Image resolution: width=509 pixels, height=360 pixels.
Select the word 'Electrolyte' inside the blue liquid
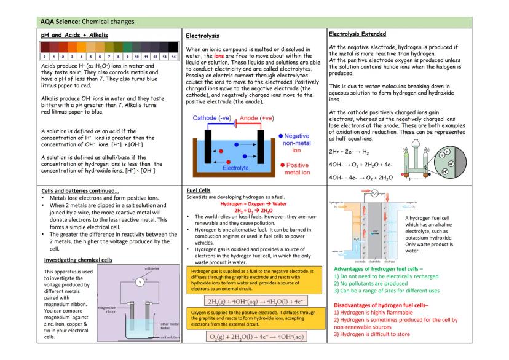(x=237, y=166)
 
